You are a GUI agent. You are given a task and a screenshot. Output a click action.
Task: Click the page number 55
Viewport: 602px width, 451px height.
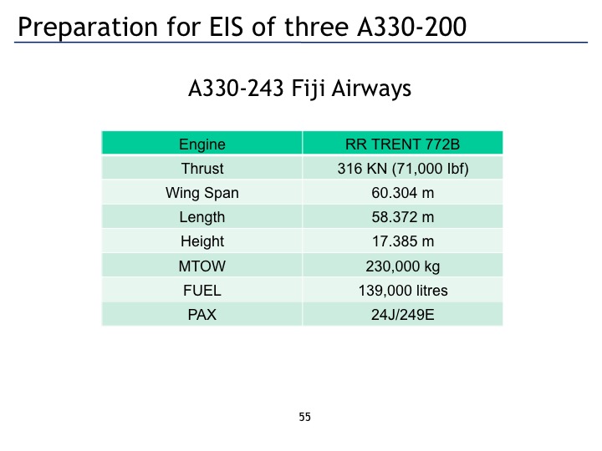305,417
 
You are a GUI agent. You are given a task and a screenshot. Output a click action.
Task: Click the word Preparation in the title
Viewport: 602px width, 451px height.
88,28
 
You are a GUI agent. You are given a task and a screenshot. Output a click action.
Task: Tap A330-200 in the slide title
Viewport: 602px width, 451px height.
411,27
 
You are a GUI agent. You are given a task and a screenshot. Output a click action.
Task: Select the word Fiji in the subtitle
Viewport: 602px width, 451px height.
309,89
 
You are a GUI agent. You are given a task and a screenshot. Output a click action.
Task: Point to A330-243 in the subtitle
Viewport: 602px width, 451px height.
236,89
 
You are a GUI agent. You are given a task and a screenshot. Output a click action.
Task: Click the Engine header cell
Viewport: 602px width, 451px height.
202,144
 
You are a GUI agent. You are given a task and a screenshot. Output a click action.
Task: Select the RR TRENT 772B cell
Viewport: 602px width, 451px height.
402,144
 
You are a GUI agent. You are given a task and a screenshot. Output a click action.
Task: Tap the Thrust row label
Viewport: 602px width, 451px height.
202,169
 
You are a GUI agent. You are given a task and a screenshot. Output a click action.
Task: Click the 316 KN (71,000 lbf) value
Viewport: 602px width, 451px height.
403,169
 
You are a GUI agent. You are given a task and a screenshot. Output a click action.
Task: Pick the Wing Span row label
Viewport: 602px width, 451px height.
202,193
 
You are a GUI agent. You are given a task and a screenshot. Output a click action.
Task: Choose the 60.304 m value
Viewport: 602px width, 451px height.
403,193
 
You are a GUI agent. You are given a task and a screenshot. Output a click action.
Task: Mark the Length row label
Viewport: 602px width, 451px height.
202,217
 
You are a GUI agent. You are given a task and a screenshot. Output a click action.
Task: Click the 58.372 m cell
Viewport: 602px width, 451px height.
403,217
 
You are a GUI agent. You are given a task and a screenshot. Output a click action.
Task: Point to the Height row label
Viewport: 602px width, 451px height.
202,241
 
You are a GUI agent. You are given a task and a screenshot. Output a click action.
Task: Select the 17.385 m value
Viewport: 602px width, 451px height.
403,241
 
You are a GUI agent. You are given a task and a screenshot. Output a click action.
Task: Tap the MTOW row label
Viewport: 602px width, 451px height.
202,266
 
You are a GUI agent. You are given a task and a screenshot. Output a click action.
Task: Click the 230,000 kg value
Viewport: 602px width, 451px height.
403,266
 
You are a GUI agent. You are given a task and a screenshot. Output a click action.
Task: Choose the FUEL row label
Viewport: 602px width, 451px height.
202,291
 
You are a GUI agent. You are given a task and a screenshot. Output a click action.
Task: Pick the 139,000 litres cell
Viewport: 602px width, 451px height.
403,291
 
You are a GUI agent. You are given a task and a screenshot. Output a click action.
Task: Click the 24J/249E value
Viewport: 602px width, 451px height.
403,315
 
